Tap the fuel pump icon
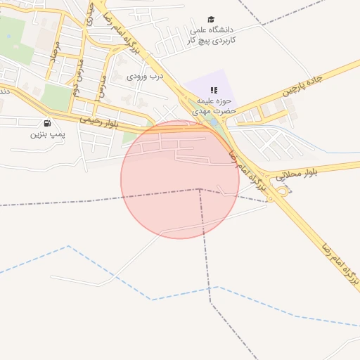point(47,122)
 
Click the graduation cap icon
point(211,19)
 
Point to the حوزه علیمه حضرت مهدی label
point(214,105)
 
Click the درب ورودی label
point(145,76)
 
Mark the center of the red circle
point(180,179)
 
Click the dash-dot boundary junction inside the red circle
point(200,189)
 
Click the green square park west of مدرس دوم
point(56,97)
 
